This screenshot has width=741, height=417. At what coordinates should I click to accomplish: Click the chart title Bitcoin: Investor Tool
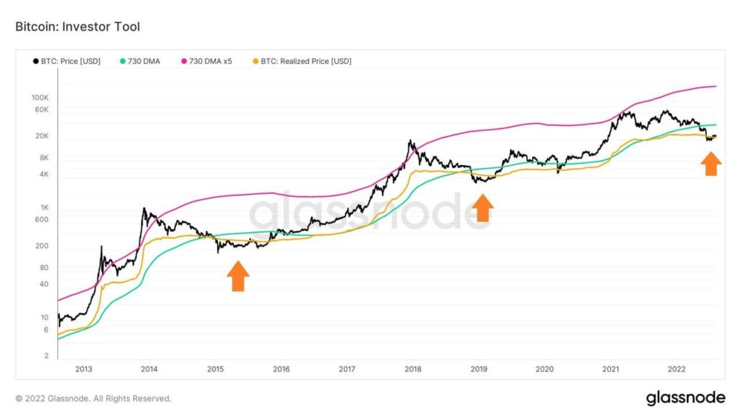click(x=77, y=27)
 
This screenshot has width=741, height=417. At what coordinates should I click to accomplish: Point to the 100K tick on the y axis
click(x=39, y=97)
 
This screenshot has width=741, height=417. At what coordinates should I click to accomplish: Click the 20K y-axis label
click(x=41, y=136)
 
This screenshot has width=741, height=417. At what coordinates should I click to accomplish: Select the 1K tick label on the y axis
click(x=43, y=208)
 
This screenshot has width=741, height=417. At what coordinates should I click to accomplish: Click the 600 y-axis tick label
click(x=41, y=220)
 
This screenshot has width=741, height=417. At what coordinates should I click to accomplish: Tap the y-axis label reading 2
click(x=46, y=356)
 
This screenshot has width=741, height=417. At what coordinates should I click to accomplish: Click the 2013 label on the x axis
click(x=83, y=369)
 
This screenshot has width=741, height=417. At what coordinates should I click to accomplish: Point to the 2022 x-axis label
click(x=677, y=369)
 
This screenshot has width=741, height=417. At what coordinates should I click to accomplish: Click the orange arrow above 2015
click(x=238, y=276)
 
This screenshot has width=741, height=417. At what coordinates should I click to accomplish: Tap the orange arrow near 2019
click(x=482, y=208)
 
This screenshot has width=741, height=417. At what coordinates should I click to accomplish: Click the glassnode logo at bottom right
click(x=685, y=397)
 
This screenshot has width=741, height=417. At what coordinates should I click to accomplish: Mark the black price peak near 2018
click(x=410, y=141)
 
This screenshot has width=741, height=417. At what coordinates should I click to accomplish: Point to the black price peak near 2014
click(x=144, y=209)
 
